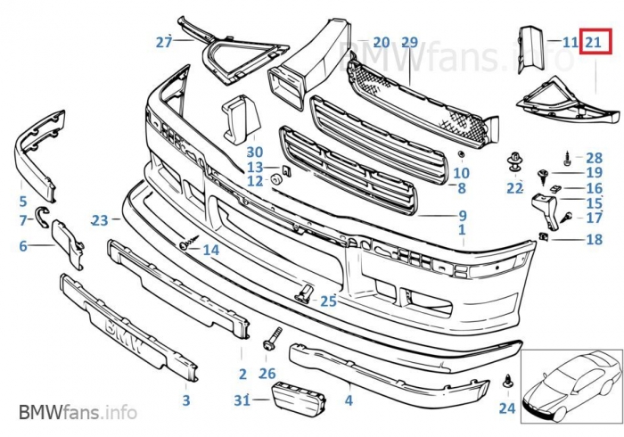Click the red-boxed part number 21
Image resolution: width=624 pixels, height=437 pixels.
click(x=595, y=41)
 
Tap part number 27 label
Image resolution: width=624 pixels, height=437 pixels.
click(x=163, y=42)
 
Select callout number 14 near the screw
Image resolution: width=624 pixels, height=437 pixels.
click(x=210, y=251)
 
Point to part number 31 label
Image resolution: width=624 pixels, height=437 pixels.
click(x=242, y=400)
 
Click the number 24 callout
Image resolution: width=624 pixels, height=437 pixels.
click(x=507, y=408)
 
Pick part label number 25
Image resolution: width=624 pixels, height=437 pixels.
click(x=328, y=301)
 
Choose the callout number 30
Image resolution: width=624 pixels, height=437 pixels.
click(x=255, y=153)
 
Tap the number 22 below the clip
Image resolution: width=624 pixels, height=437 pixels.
click(x=514, y=188)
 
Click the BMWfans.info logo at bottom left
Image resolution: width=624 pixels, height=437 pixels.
click(x=78, y=412)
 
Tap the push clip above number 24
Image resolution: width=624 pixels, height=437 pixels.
click(x=507, y=381)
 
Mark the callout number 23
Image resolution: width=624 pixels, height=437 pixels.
click(x=99, y=219)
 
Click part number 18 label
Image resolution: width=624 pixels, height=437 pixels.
click(x=594, y=239)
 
